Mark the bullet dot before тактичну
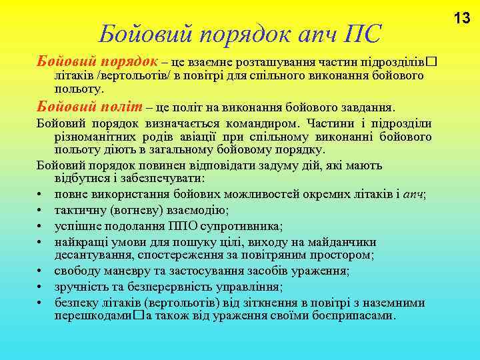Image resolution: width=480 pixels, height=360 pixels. (41, 211)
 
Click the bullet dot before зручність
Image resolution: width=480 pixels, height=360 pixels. (41, 287)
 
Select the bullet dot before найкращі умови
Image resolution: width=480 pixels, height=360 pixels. (41, 243)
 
